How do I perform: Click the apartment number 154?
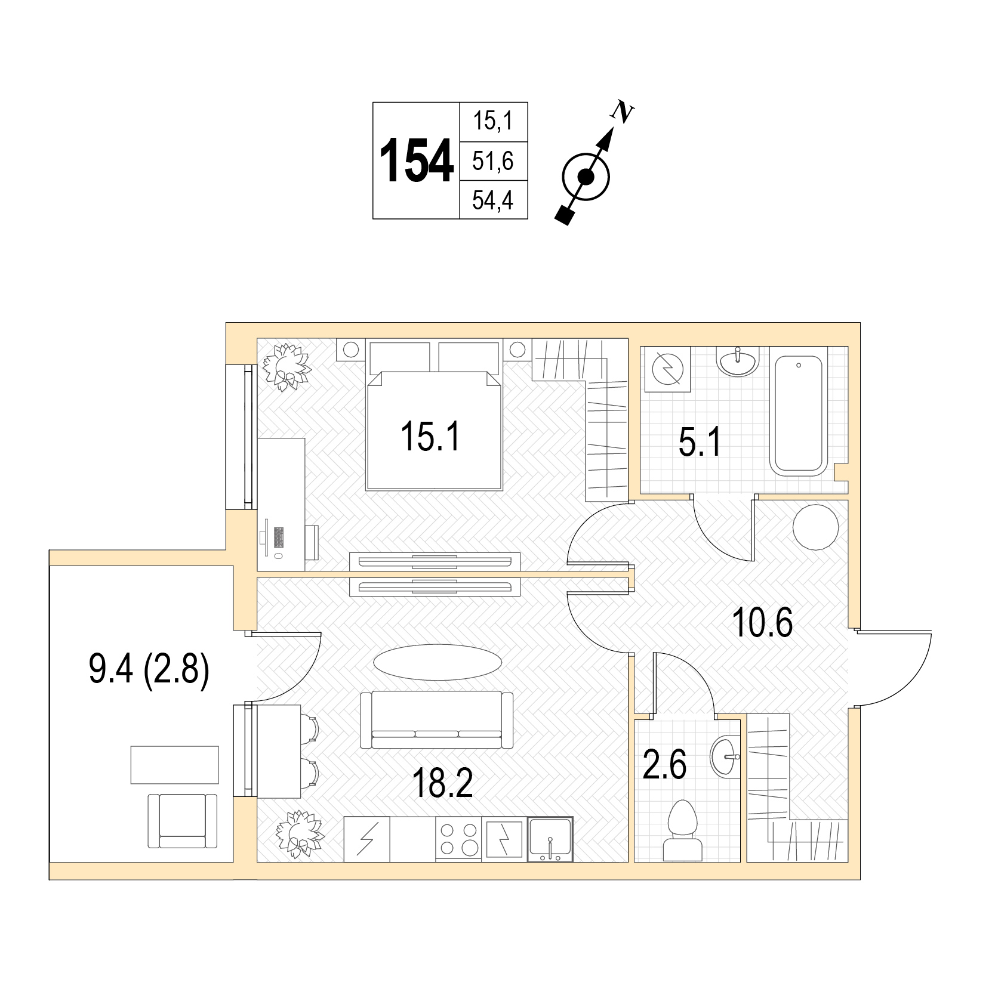pyautogui.click(x=417, y=161)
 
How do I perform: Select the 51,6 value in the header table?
pyautogui.click(x=493, y=161)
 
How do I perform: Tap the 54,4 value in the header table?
pyautogui.click(x=493, y=200)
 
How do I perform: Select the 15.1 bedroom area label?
pyautogui.click(x=430, y=436)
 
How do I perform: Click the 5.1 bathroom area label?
pyautogui.click(x=700, y=442)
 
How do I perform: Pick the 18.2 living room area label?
pyautogui.click(x=442, y=783)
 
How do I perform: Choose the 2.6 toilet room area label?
pyautogui.click(x=664, y=765)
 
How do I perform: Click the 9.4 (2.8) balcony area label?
pyautogui.click(x=149, y=669)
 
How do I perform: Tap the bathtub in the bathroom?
pyautogui.click(x=799, y=415)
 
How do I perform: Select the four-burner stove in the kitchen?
pyautogui.click(x=458, y=839)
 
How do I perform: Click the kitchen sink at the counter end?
pyautogui.click(x=550, y=839)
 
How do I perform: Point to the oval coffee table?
pyautogui.click(x=438, y=662)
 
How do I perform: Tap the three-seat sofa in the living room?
pyautogui.click(x=436, y=720)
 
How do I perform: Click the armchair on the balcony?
pyautogui.click(x=183, y=821)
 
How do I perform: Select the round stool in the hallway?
pyautogui.click(x=815, y=527)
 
